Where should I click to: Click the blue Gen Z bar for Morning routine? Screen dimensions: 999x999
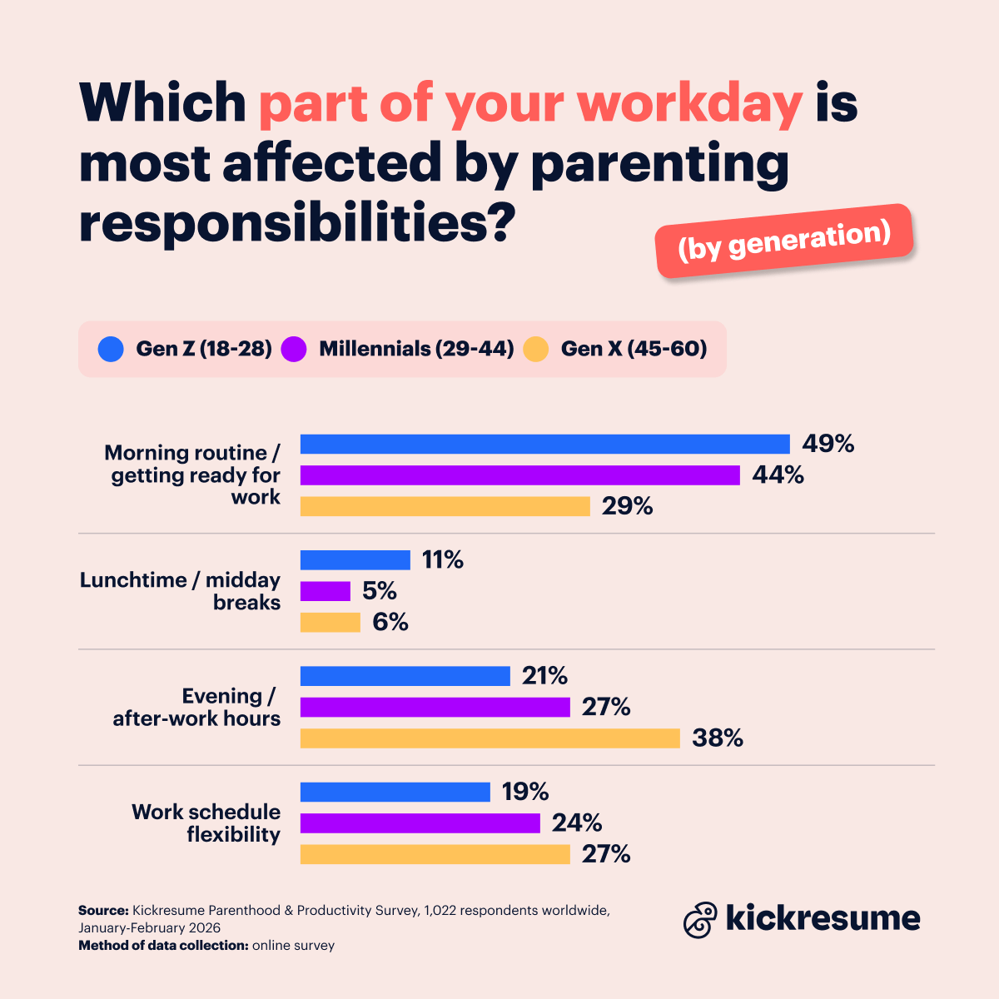[544, 444]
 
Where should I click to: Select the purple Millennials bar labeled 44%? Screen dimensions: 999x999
[519, 475]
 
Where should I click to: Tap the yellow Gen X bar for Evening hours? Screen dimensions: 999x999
[490, 738]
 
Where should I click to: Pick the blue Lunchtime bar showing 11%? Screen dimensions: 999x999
[355, 560]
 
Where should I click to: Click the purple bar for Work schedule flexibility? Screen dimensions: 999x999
[420, 823]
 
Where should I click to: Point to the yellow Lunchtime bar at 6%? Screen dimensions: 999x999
[330, 623]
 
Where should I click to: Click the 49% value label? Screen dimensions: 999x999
[828, 444]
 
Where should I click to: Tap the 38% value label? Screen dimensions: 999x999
[717, 738]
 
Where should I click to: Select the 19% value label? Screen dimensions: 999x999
[524, 792]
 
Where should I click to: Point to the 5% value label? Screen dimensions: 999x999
[379, 591]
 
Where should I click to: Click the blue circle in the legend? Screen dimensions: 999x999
[111, 349]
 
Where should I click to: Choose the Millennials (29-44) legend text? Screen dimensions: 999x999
[416, 349]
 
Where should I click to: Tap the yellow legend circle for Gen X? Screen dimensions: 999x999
[536, 349]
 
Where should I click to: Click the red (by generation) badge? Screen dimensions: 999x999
[784, 241]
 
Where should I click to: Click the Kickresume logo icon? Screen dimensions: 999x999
[700, 920]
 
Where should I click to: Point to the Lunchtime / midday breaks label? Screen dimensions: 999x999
[180, 591]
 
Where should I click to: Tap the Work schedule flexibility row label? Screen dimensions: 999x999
[206, 823]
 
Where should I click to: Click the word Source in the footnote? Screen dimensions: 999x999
[102, 911]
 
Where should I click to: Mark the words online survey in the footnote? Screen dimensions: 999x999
[293, 946]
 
